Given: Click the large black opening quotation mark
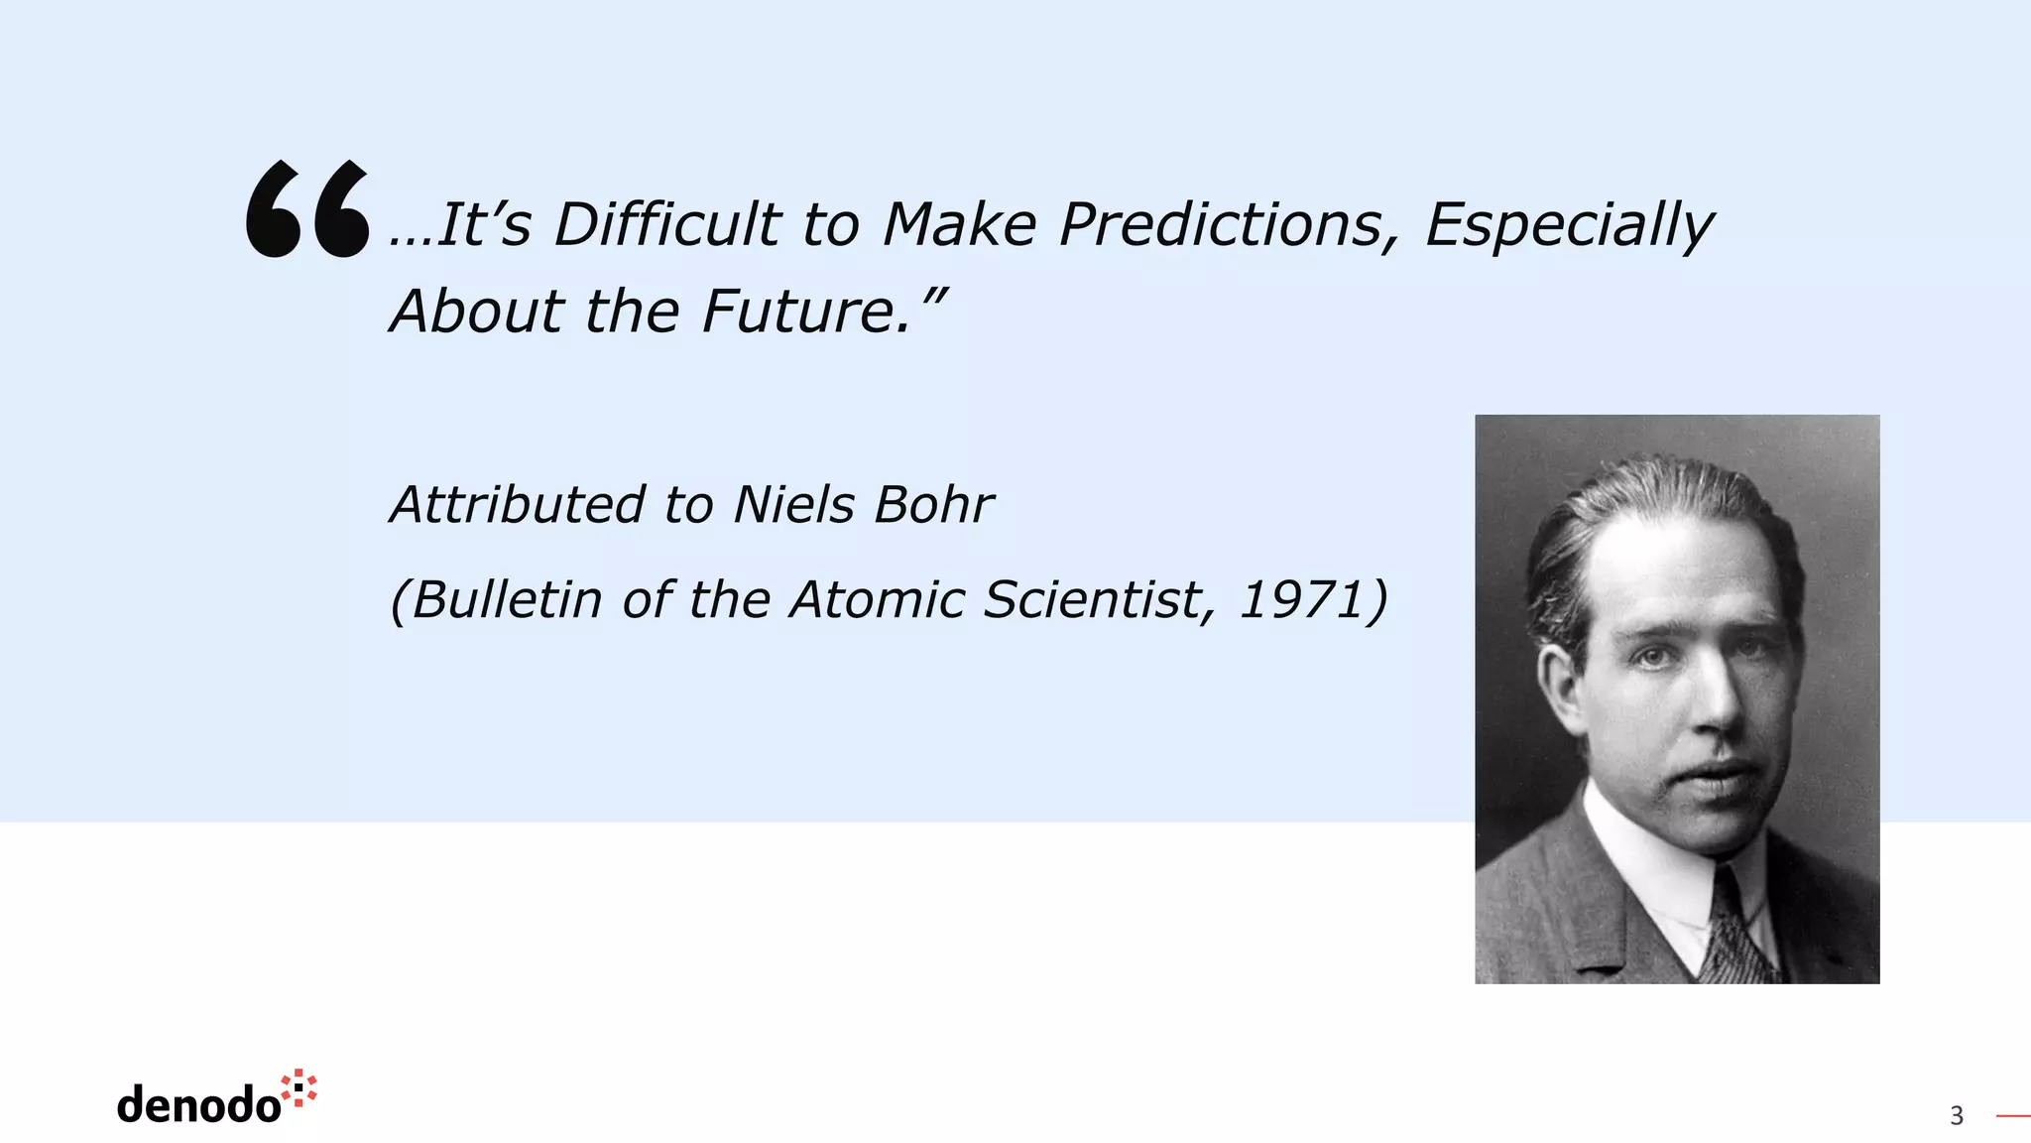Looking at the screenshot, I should click(307, 209).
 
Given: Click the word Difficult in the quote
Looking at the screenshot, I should click(666, 224).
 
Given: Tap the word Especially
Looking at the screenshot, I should click(1569, 226).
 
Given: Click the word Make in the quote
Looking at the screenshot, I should click(959, 224).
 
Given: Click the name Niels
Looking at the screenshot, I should click(793, 504).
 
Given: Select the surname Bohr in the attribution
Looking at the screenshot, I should click(933, 504).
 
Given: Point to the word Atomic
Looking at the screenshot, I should click(877, 599).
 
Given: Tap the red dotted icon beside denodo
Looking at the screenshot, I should click(299, 1087).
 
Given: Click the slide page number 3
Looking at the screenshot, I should click(1957, 1116).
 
